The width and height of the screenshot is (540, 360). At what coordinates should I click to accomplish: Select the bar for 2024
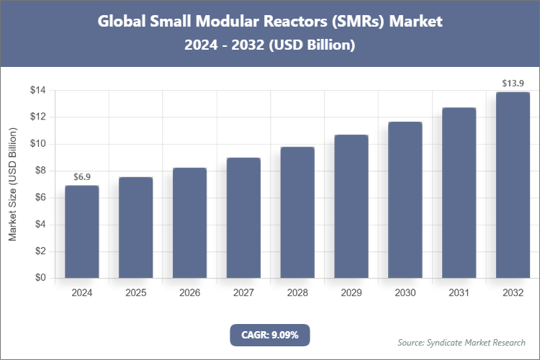81,232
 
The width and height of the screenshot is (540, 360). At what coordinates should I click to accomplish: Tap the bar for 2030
405,200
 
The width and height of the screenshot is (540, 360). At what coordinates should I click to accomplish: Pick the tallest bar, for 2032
513,185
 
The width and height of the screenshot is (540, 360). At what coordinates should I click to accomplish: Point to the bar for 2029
351,207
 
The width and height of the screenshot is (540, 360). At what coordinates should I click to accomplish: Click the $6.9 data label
81,176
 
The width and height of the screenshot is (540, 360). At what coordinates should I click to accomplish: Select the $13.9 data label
513,84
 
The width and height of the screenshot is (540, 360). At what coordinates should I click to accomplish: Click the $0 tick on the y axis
40,278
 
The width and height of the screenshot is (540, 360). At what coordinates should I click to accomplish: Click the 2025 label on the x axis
135,293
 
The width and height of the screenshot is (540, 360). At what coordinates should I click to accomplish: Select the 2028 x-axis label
297,293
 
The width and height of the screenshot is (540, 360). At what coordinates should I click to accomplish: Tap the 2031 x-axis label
459,293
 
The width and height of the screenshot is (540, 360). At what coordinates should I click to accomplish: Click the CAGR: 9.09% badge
269,335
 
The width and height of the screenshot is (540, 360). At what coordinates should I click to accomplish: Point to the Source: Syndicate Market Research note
461,342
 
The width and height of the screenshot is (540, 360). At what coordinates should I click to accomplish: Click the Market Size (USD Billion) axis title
13,185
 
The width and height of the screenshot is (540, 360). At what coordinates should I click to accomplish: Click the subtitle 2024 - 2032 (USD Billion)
269,45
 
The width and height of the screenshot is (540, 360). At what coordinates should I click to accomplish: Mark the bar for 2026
189,223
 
